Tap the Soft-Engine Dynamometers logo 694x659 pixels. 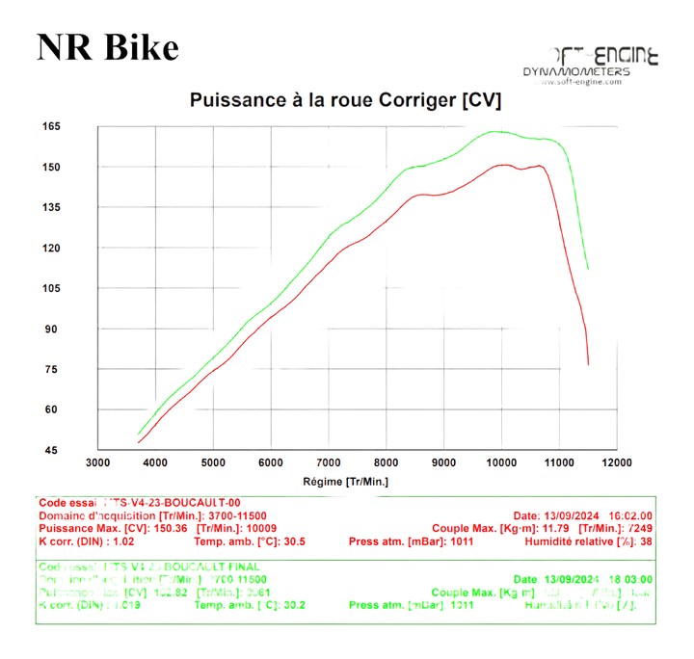pos(590,65)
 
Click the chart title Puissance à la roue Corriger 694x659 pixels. pos(345,99)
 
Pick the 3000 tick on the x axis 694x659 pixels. pos(98,462)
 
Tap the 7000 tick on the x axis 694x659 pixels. pos(329,462)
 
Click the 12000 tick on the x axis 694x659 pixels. pos(616,462)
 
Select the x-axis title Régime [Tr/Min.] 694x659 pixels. pos(345,480)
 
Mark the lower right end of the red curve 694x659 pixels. pos(588,364)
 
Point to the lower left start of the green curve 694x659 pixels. pos(139,435)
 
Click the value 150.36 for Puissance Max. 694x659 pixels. pos(171,529)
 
